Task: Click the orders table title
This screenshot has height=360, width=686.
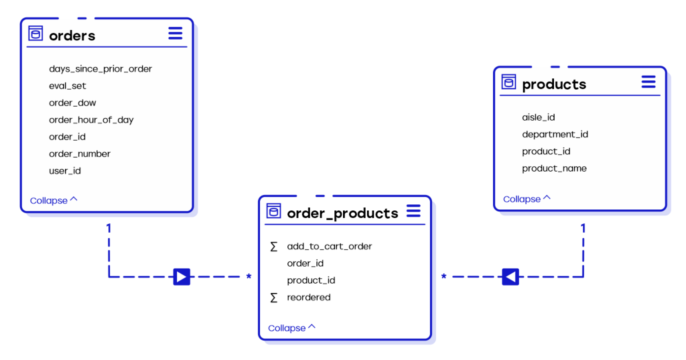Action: [72, 36]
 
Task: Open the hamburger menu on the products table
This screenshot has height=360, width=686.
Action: [648, 82]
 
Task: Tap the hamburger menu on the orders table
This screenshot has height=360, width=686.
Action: [176, 34]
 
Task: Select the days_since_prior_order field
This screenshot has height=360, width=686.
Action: [100, 69]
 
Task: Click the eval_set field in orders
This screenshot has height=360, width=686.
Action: [68, 86]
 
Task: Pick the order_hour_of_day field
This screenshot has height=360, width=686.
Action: [91, 120]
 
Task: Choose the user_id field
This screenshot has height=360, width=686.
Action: [65, 171]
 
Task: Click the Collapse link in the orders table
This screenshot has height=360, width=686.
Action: [54, 200]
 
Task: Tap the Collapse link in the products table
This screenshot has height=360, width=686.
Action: [527, 199]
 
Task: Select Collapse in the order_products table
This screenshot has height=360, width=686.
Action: [291, 328]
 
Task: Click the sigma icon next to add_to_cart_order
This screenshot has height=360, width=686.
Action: [274, 247]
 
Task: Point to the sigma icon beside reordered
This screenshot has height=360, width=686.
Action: [274, 298]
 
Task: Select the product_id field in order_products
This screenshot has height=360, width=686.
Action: [311, 280]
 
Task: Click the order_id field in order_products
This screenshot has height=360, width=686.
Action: [305, 263]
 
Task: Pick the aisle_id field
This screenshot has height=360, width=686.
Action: [538, 117]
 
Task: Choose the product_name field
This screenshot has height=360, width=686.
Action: [554, 169]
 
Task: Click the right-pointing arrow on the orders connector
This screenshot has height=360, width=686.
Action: [182, 277]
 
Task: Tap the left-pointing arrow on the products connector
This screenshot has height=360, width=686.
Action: [510, 277]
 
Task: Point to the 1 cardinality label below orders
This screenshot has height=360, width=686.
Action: [109, 228]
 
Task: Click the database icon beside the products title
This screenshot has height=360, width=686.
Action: [508, 82]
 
